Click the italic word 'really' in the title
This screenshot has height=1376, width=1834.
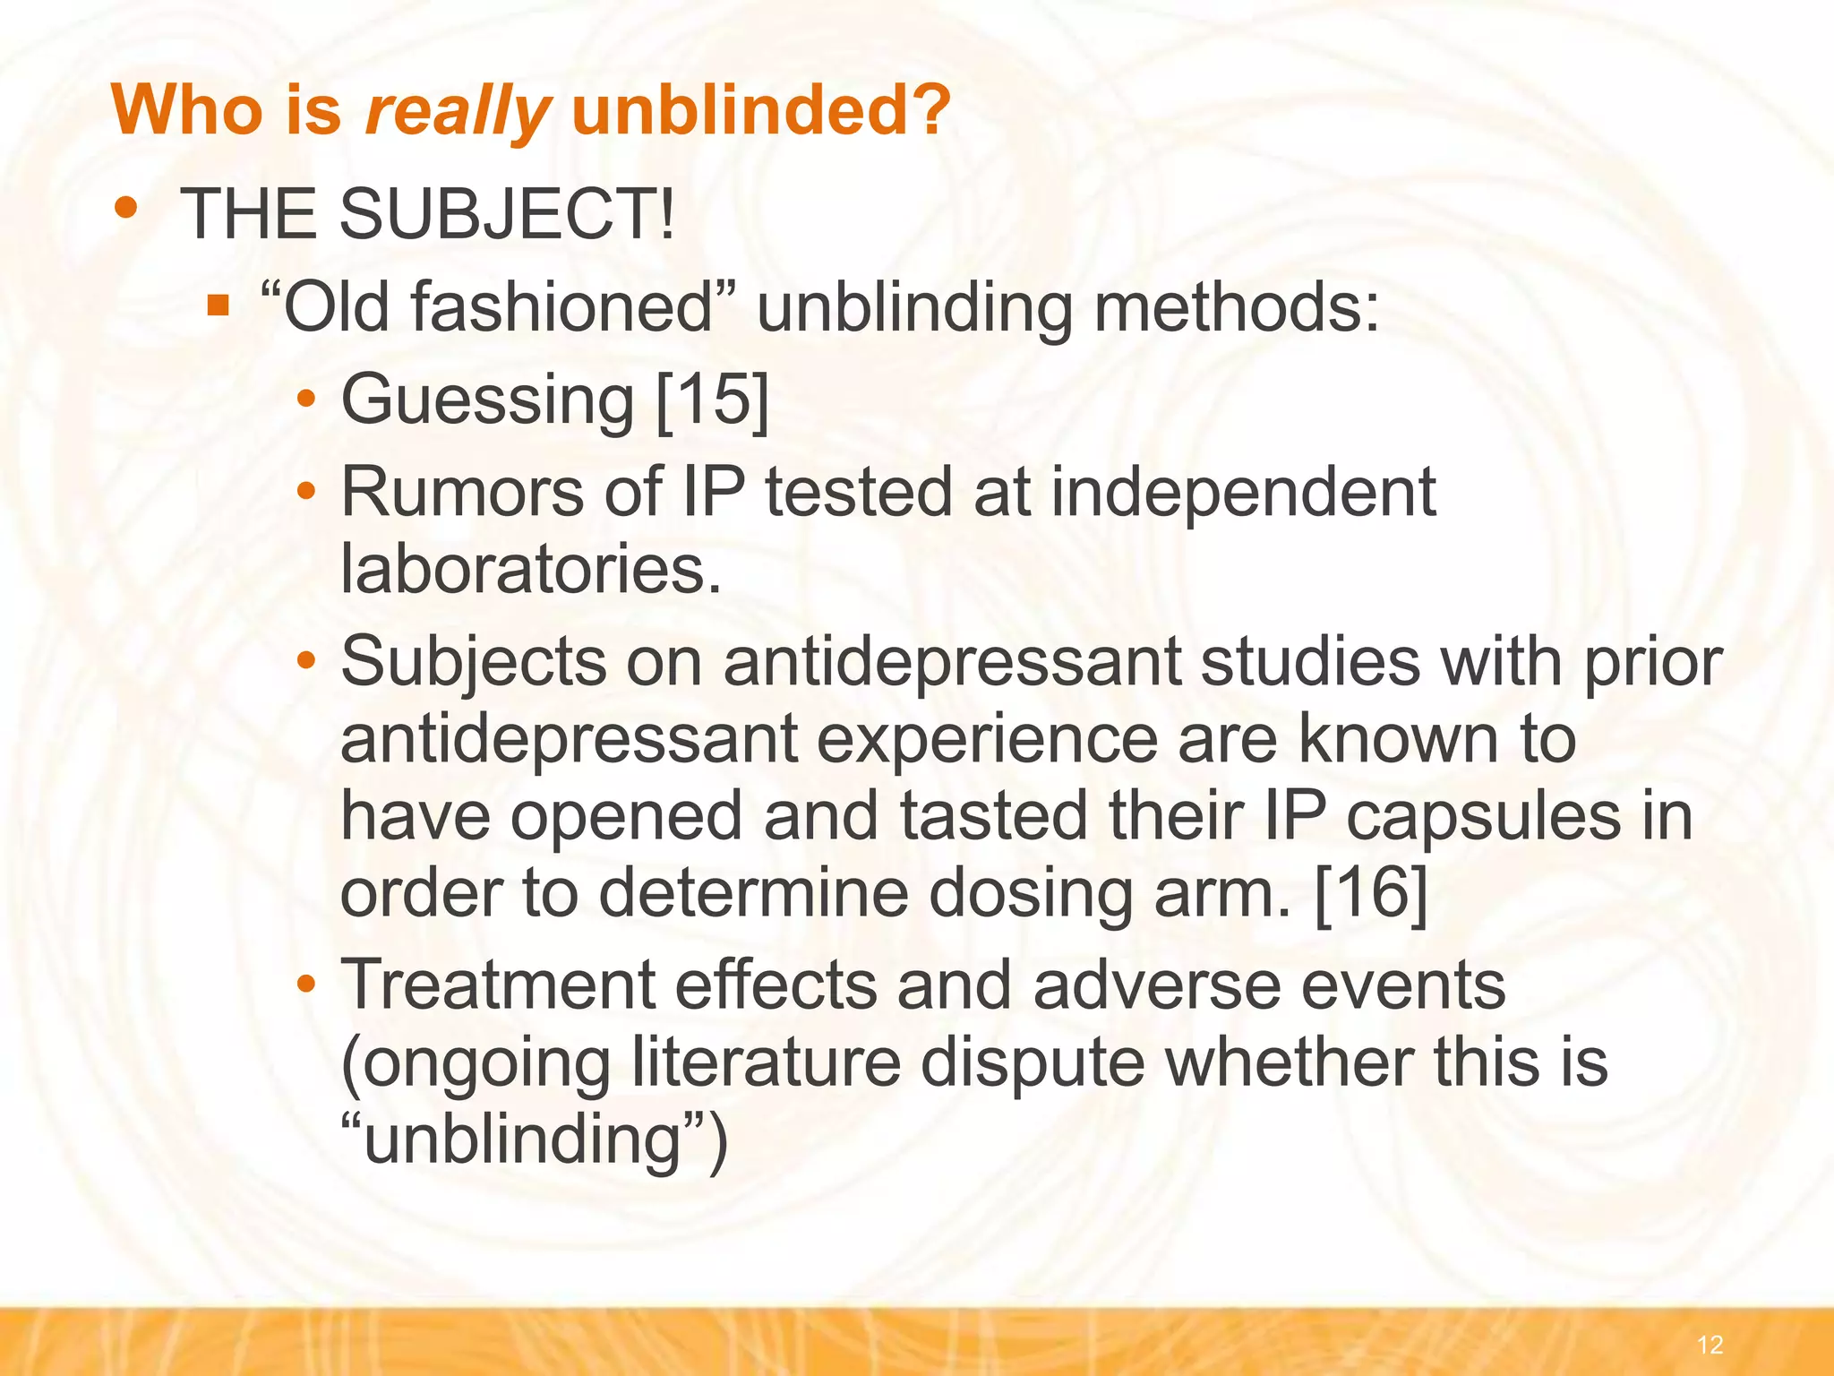pyautogui.click(x=457, y=111)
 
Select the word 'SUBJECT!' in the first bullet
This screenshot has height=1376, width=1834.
pyautogui.click(x=506, y=215)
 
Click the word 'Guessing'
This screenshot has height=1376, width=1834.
pyautogui.click(x=488, y=400)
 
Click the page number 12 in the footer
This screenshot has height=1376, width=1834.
pyautogui.click(x=1709, y=1344)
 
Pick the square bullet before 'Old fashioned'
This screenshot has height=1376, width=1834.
pyautogui.click(x=218, y=307)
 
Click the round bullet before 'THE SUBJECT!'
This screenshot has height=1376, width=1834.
pyautogui.click(x=126, y=208)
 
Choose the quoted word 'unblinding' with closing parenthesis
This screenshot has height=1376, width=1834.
pyautogui.click(x=535, y=1139)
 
